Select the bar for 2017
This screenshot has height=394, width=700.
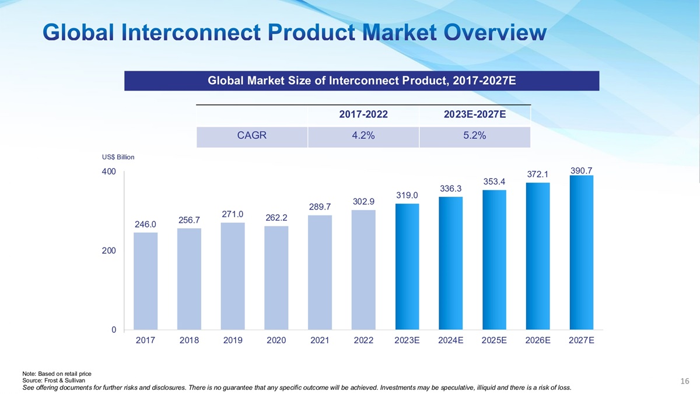pyautogui.click(x=145, y=281)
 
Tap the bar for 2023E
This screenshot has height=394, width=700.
pyautogui.click(x=407, y=266)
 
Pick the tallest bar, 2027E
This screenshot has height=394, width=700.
pyautogui.click(x=581, y=252)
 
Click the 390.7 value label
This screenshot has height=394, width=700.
pyautogui.click(x=581, y=170)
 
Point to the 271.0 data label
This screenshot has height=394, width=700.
pyautogui.click(x=233, y=214)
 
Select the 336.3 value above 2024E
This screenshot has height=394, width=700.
pyautogui.click(x=450, y=189)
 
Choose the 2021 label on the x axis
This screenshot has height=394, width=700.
pyautogui.click(x=320, y=340)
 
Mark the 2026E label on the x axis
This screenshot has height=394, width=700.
pyautogui.click(x=537, y=340)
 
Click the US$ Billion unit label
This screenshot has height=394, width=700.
pyautogui.click(x=118, y=157)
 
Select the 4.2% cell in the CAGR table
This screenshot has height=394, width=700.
pyautogui.click(x=363, y=135)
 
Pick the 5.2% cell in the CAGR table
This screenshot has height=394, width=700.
pyautogui.click(x=474, y=135)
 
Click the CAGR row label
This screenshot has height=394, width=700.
pyautogui.click(x=251, y=135)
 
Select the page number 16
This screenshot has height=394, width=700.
pyautogui.click(x=685, y=381)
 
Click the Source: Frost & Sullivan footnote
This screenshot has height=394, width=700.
pyautogui.click(x=53, y=381)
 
